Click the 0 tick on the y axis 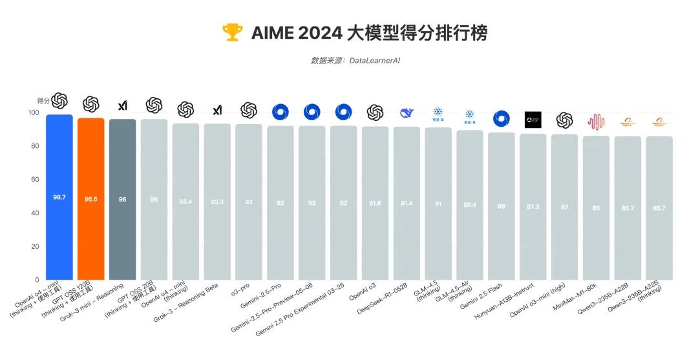click(36, 280)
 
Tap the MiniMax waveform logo click(596, 121)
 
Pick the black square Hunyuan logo click(533, 120)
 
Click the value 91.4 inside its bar click(407, 203)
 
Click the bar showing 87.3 click(533, 206)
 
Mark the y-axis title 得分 click(43, 101)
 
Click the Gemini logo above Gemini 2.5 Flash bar click(501, 118)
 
